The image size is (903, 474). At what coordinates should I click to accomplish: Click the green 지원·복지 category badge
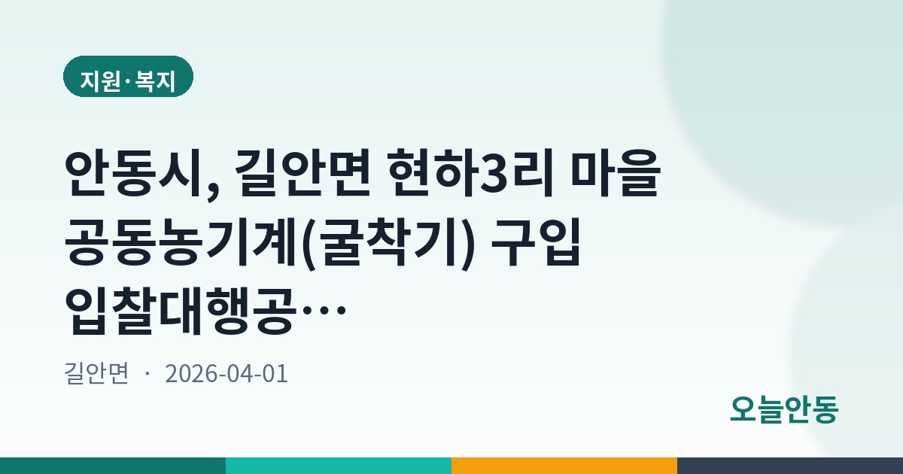[128, 77]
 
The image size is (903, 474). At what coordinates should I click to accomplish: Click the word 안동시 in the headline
[134, 173]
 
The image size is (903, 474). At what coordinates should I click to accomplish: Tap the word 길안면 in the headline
[303, 173]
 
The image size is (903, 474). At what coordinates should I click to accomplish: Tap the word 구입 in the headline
[535, 242]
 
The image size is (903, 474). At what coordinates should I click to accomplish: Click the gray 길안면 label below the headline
[96, 373]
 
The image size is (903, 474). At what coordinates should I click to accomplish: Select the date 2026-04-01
[227, 373]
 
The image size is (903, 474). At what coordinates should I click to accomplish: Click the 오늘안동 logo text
[784, 409]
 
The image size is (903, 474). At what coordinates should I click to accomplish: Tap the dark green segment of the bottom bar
[113, 466]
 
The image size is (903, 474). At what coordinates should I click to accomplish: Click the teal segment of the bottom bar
[339, 466]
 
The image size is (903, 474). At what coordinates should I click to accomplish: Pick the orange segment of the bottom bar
[564, 466]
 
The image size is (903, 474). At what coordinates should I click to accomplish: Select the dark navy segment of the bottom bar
[790, 466]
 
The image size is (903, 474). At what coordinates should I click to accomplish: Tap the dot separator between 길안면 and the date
[147, 374]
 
